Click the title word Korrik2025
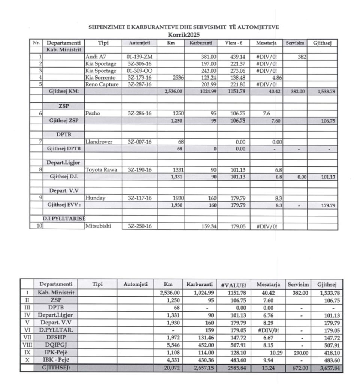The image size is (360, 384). coord(184,35)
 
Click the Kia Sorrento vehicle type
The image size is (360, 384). coord(101,78)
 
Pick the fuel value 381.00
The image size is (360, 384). coord(209,57)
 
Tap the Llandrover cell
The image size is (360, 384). coord(99,141)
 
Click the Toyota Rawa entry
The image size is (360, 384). coord(101,169)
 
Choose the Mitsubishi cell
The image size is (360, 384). coord(99,226)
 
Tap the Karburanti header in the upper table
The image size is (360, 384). coord(201,43)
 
